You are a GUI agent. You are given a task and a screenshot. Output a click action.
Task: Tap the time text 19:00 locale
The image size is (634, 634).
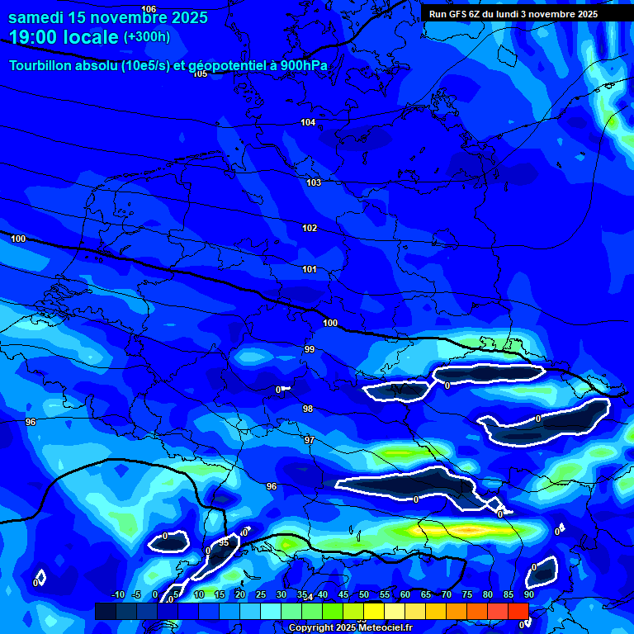[x=64, y=37]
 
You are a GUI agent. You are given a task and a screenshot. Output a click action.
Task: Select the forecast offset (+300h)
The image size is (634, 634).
[x=147, y=37]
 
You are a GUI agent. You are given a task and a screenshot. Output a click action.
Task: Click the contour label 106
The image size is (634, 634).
[x=149, y=8]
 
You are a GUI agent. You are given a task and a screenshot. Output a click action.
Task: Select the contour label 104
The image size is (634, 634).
[x=308, y=122]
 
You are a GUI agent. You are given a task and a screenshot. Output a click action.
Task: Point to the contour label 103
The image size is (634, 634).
[x=314, y=182]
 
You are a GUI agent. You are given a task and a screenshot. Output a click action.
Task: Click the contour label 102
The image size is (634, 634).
[x=310, y=228]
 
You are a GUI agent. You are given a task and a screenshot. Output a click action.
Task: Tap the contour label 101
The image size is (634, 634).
[x=310, y=269]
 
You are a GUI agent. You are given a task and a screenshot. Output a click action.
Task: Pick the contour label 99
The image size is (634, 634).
[x=310, y=349]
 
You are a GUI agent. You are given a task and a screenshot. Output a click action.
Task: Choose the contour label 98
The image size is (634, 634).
[x=308, y=409]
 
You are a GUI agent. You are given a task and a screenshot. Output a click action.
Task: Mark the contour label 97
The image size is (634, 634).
[x=310, y=440]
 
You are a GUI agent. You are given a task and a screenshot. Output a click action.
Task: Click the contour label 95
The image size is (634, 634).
[x=224, y=542]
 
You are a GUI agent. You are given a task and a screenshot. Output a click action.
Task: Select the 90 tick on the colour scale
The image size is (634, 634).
[x=528, y=595]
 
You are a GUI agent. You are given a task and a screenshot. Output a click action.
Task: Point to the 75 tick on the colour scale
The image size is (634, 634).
[x=467, y=595]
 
